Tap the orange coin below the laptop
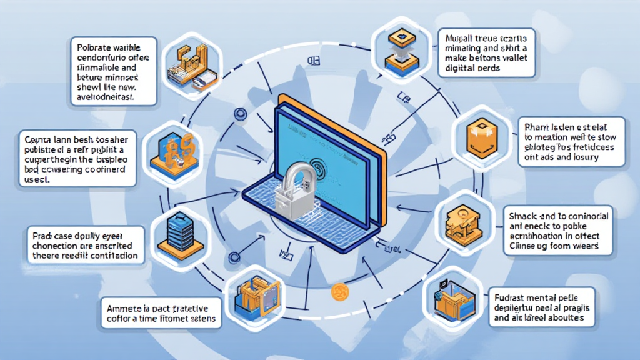(340, 290)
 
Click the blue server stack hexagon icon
(177, 232)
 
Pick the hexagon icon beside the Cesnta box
(170, 152)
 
